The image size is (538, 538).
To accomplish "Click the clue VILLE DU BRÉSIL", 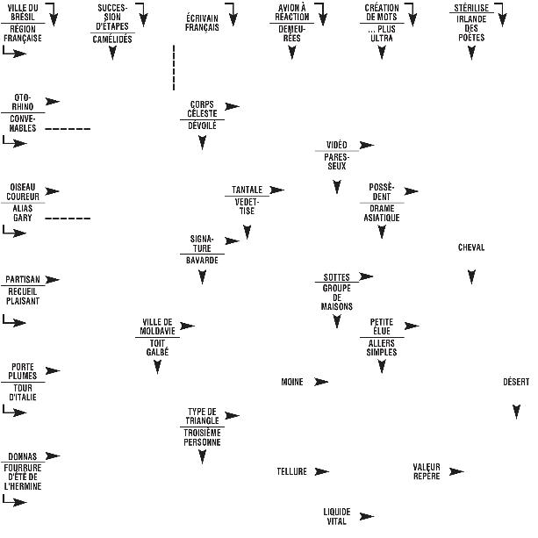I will click(23, 11).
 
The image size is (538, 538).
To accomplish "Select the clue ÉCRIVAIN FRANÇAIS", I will click(202, 22).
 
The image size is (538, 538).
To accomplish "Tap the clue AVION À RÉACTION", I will click(292, 11).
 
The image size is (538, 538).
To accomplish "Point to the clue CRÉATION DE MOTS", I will click(382, 11).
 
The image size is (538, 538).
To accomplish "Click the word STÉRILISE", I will click(471, 7).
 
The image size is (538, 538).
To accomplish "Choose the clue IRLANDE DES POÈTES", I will click(471, 32).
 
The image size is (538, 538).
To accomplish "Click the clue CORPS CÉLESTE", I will click(202, 109).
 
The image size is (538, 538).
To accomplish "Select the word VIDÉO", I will click(336, 145).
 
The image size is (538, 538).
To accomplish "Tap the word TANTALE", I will click(247, 190).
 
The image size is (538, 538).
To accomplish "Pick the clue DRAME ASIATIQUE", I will click(382, 212).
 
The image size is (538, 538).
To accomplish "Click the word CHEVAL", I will click(471, 247).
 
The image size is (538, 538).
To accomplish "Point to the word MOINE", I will click(291, 382).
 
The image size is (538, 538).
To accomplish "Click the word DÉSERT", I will click(516, 382).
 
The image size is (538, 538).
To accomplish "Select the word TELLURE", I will click(291, 471).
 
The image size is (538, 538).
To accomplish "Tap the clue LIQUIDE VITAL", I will click(336, 516).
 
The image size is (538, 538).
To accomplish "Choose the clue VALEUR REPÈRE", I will click(427, 471).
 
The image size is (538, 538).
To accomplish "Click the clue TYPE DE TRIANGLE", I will click(202, 415).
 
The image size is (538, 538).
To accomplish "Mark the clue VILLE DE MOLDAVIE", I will click(157, 326).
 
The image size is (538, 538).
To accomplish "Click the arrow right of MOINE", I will click(321, 382).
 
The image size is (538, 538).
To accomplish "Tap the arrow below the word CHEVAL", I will click(471, 276).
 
